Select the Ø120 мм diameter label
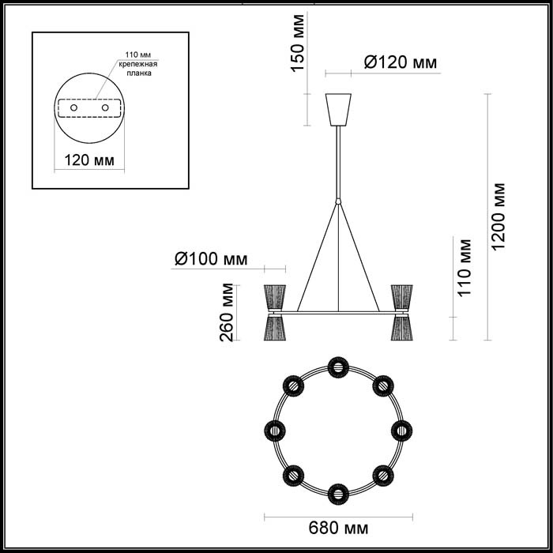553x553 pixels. coord(399,62)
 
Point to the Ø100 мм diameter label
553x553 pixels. coord(210,258)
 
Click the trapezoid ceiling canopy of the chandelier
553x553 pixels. coord(339,110)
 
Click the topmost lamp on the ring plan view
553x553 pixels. coord(337,367)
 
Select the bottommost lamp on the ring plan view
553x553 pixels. coord(337,495)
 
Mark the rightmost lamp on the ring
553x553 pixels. coord(402,431)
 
